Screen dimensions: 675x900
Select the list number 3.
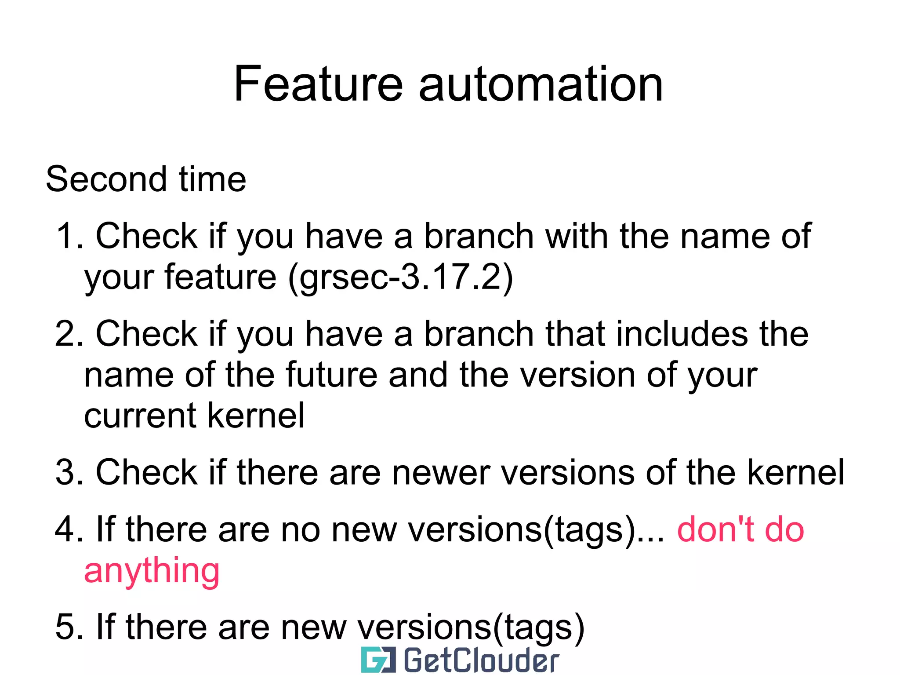click(67, 472)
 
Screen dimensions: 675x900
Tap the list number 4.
click(67, 529)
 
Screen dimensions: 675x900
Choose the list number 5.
click(67, 627)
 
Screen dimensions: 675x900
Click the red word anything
click(152, 571)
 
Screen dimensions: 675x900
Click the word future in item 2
click(331, 375)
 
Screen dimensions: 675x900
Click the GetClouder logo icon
click(378, 660)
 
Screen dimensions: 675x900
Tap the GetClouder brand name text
click(481, 660)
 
